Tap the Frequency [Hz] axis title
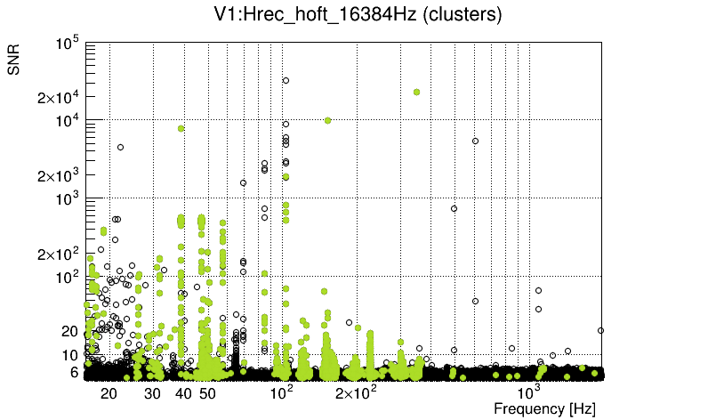click(x=544, y=408)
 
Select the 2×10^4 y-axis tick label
click(x=59, y=98)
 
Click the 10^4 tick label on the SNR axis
click(x=68, y=121)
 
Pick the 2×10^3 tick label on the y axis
click(x=59, y=175)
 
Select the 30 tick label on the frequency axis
click(x=153, y=393)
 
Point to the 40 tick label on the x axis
click(x=183, y=393)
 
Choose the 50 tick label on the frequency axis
click(x=207, y=393)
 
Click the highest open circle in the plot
click(x=286, y=80)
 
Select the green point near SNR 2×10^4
click(x=416, y=92)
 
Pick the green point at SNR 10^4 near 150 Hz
click(x=328, y=120)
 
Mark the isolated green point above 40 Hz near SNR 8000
click(x=181, y=128)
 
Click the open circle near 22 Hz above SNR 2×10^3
click(x=121, y=147)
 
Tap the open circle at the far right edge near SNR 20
click(x=601, y=330)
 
